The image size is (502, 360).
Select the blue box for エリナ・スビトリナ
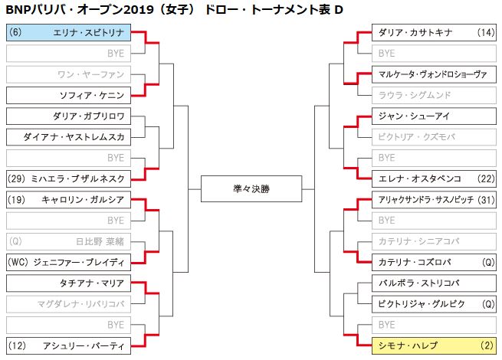tap(67, 33)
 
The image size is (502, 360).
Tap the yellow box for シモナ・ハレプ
tap(434, 345)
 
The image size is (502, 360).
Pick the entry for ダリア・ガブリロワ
tap(67, 116)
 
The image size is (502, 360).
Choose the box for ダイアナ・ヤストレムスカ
tap(67, 137)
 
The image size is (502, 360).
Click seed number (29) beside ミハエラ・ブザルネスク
tap(18, 178)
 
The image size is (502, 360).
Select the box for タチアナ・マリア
tap(67, 283)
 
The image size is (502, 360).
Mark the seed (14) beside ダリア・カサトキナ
tap(484, 33)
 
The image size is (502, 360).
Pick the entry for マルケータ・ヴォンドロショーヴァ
tap(434, 74)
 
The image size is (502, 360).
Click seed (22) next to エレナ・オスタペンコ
tap(484, 178)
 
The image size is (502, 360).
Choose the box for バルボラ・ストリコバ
tap(434, 283)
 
